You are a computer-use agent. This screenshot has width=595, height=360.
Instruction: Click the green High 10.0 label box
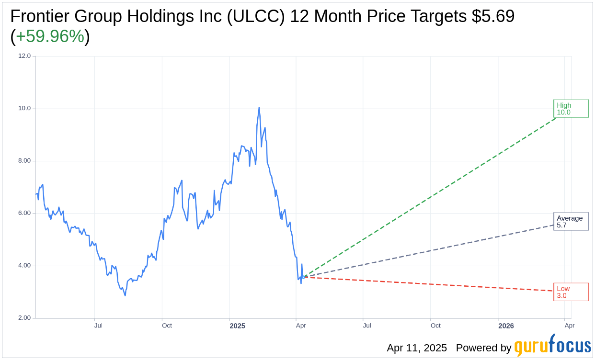point(571,109)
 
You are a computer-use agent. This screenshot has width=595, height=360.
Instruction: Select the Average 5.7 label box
point(571,222)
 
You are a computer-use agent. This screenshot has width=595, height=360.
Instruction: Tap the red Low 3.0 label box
point(571,292)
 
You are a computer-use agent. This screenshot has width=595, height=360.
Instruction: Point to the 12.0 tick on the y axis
point(24,56)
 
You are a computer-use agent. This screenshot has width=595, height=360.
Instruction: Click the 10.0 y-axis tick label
point(24,108)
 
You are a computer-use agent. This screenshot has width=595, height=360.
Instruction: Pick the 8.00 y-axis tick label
point(24,161)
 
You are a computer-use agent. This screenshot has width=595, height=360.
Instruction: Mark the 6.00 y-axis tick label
point(24,213)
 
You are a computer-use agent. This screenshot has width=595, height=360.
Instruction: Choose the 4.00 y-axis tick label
point(24,266)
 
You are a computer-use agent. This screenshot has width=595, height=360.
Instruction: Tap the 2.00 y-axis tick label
point(24,318)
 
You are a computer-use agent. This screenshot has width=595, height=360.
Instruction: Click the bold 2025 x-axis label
point(237,326)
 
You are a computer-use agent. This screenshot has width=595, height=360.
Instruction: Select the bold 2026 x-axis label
point(506,326)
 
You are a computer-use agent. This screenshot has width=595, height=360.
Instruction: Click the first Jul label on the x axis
point(98,326)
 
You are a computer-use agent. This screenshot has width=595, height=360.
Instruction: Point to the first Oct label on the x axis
point(167,326)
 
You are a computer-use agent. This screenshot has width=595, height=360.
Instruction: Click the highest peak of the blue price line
point(259,108)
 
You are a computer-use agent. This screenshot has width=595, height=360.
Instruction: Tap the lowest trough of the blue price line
point(125,295)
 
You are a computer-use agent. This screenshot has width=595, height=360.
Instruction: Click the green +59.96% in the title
point(50,37)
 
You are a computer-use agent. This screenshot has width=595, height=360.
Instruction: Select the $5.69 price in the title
point(493,17)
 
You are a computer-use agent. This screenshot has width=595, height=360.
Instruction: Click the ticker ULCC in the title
point(256,17)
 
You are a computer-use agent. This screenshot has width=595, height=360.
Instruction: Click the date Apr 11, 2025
point(417,348)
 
